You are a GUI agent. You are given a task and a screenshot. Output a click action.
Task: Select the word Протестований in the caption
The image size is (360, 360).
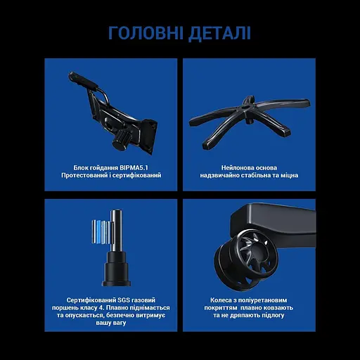coord(82,176)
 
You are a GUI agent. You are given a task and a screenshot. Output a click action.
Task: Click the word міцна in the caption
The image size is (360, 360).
coord(286,176)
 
